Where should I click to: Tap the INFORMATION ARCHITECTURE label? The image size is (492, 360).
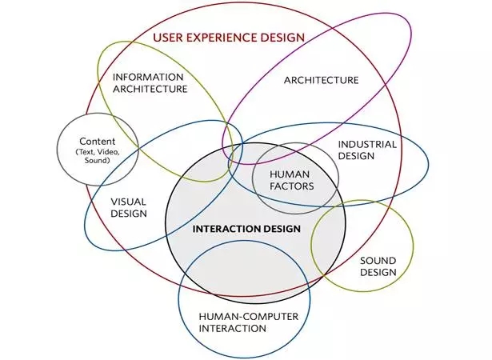tap(149, 83)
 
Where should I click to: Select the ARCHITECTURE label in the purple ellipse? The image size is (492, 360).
tap(321, 80)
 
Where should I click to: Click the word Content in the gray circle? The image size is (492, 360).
tap(97, 141)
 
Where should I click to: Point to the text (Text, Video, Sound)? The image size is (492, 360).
tap(97, 155)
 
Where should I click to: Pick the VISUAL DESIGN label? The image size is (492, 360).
tap(128, 207)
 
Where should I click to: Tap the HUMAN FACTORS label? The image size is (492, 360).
tap(289, 179)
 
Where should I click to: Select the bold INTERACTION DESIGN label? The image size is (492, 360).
tap(246, 229)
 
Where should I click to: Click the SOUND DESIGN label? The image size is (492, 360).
tap(378, 266)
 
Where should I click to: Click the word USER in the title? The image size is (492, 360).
tap(167, 37)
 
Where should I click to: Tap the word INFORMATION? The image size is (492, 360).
tap(149, 78)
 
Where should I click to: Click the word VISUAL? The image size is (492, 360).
tap(128, 202)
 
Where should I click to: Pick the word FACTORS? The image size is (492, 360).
tap(289, 186)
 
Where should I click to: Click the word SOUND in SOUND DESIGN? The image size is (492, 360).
tap(378, 261)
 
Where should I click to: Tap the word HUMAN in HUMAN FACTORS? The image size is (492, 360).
tap(289, 174)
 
